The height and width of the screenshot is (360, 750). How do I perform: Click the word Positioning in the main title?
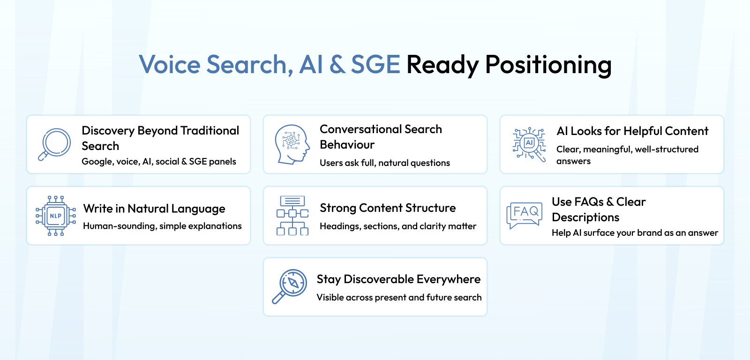[548, 65]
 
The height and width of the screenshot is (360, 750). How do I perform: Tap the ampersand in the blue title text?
[337, 64]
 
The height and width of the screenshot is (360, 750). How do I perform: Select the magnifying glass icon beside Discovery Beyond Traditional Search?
[54, 144]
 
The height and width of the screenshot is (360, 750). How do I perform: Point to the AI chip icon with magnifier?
[529, 145]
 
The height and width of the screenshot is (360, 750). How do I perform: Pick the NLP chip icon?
[56, 216]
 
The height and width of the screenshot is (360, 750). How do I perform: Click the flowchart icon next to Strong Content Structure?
[292, 216]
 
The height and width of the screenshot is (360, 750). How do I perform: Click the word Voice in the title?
[170, 64]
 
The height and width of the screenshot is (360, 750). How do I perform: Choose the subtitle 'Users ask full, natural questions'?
[385, 163]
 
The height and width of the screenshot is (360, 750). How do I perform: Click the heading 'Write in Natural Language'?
[154, 209]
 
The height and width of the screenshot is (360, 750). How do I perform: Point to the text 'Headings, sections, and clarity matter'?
[398, 226]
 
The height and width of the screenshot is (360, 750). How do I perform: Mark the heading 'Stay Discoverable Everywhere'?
[398, 279]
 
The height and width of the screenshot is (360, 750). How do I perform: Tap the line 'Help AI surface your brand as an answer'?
[635, 233]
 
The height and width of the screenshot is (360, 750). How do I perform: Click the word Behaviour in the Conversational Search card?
[347, 145]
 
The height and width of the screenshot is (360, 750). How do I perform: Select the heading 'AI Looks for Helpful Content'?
[632, 131]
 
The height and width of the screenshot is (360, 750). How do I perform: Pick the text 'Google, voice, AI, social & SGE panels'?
[159, 161]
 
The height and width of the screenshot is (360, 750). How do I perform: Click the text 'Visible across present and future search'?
[399, 297]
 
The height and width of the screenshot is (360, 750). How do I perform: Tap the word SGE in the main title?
[375, 64]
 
